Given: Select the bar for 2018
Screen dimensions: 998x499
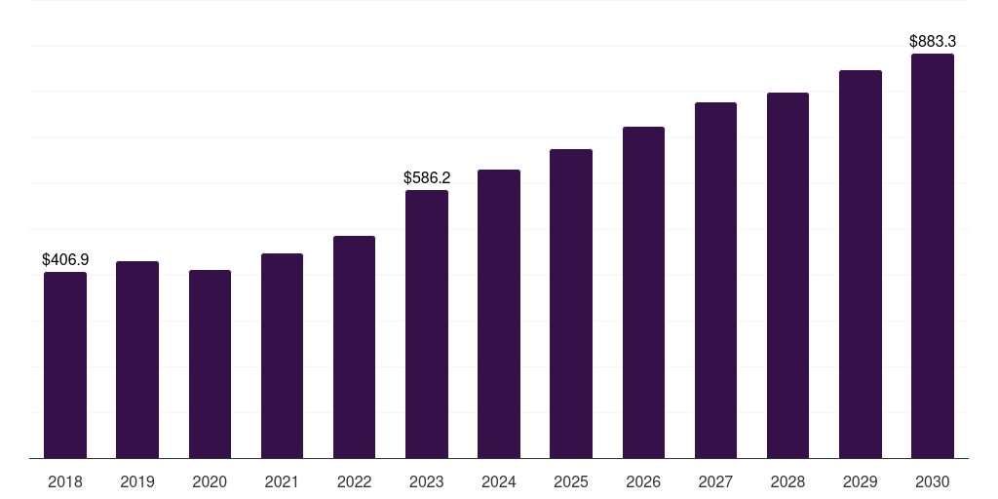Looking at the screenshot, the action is [x=65, y=365].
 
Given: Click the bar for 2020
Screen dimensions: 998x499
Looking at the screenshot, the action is [x=211, y=365].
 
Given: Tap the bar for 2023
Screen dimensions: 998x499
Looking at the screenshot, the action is [x=427, y=324].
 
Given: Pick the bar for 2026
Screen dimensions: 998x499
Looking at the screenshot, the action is [x=643, y=292].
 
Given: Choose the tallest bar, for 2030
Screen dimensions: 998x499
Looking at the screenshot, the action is [x=933, y=256].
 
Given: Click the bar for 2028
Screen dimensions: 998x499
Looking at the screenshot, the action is [x=787, y=276].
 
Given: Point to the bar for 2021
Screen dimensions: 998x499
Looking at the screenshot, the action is [x=282, y=356].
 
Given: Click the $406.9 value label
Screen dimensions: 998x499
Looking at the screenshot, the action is [x=65, y=259].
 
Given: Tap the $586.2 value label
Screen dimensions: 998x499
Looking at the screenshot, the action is [x=427, y=177].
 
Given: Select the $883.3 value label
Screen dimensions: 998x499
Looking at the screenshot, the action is [x=933, y=41].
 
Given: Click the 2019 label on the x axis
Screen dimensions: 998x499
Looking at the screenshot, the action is [x=137, y=481].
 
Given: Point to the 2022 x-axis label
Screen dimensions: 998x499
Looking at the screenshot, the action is [x=354, y=481].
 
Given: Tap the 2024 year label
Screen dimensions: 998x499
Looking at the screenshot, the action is [x=499, y=481].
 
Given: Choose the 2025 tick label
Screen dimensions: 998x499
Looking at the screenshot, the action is [x=571, y=481].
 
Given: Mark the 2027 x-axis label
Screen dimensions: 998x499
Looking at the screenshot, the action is [x=715, y=481].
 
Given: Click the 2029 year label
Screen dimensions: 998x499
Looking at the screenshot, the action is [x=861, y=481].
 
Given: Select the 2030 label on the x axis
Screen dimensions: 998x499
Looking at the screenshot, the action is [x=933, y=481].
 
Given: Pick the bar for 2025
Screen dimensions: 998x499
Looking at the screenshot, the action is [x=571, y=304].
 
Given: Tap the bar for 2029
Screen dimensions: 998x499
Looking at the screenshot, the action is [x=861, y=264].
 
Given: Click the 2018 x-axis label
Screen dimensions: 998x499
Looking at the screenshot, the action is [x=65, y=481].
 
